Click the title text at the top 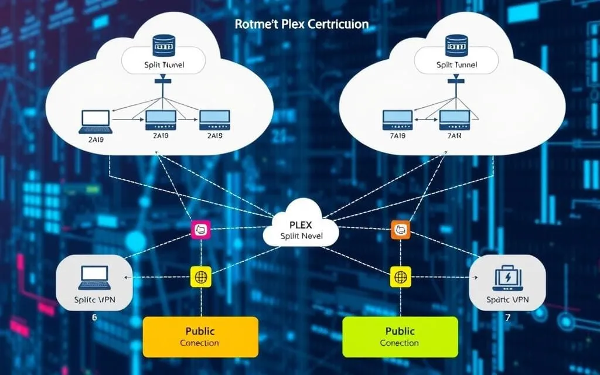(302, 25)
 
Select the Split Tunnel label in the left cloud (164, 64)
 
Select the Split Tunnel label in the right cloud (456, 64)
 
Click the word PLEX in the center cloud (301, 224)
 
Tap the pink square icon (200, 229)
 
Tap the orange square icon (400, 229)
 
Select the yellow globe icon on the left (200, 277)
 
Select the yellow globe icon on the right (400, 277)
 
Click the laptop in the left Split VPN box (94, 277)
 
